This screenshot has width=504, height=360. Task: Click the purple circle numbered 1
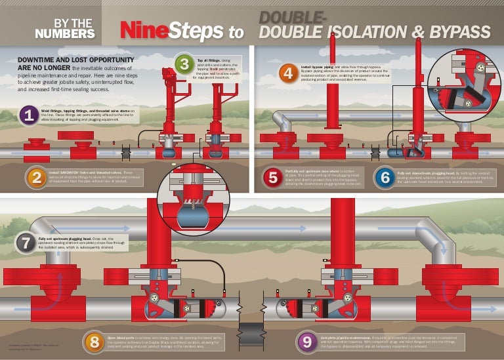point(28,116)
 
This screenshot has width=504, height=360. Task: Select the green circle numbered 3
point(184,64)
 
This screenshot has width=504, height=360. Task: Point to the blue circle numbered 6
point(384,177)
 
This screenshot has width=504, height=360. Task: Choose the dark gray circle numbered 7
point(26,242)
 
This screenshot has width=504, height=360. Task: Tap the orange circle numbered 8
point(94,341)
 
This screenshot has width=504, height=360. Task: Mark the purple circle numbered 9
point(306,341)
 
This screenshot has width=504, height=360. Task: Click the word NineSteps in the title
point(172,30)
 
